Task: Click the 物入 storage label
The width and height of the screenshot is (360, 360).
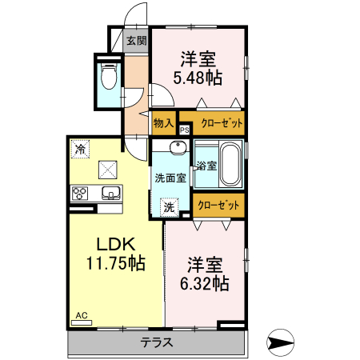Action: point(163,123)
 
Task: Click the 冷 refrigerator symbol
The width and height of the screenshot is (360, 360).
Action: point(80,148)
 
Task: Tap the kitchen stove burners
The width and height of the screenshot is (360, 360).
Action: point(82,192)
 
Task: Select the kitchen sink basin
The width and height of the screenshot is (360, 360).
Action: point(110,192)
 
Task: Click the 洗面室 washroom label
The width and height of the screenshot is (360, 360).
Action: point(170,178)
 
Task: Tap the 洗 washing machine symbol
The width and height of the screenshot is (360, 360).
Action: point(170,206)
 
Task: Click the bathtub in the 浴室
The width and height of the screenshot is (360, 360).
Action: point(230,163)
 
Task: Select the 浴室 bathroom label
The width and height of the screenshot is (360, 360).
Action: point(206,166)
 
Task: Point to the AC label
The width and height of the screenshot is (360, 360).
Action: point(81,316)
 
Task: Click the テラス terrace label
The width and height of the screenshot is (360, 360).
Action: point(157,342)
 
